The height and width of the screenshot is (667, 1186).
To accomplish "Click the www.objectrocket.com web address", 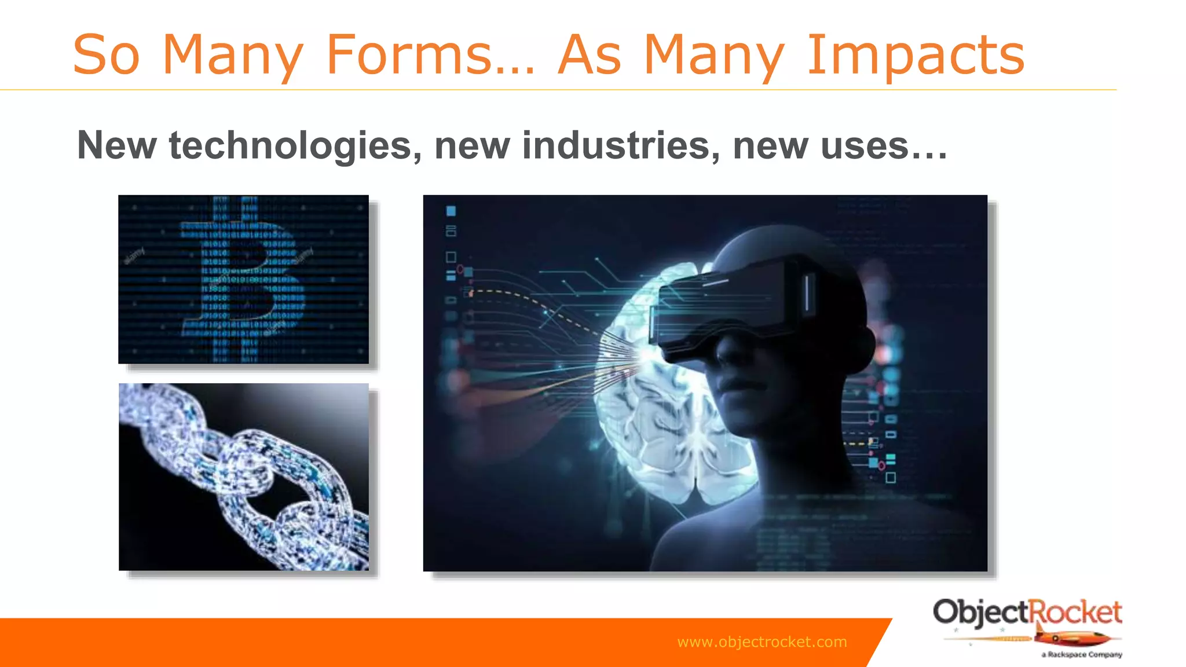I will [762, 642].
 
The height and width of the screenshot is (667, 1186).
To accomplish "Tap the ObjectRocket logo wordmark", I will [1027, 613].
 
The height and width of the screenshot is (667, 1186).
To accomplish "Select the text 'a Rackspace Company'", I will [1082, 655].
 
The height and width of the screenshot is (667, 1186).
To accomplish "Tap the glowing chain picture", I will [244, 477].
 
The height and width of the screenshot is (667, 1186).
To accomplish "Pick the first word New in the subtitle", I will [116, 145].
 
